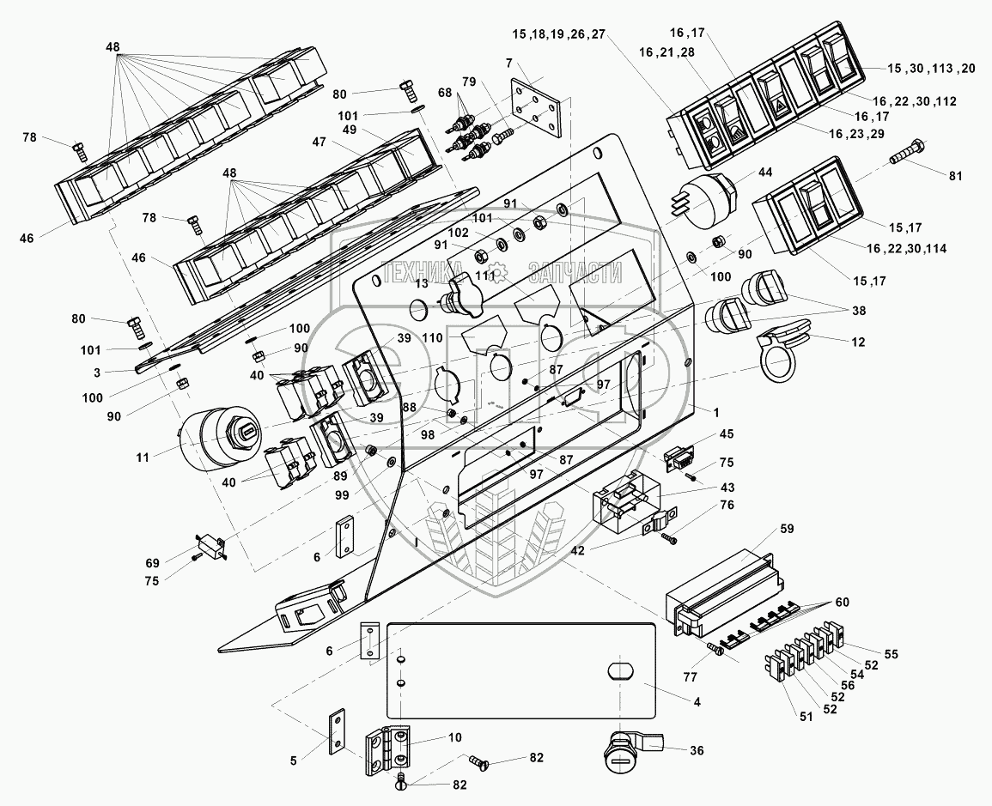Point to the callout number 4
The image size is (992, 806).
tap(697, 702)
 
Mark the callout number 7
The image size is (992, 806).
tap(509, 63)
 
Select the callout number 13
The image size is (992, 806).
tap(422, 284)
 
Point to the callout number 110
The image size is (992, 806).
tap(432, 338)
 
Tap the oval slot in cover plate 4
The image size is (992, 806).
tap(618, 670)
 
